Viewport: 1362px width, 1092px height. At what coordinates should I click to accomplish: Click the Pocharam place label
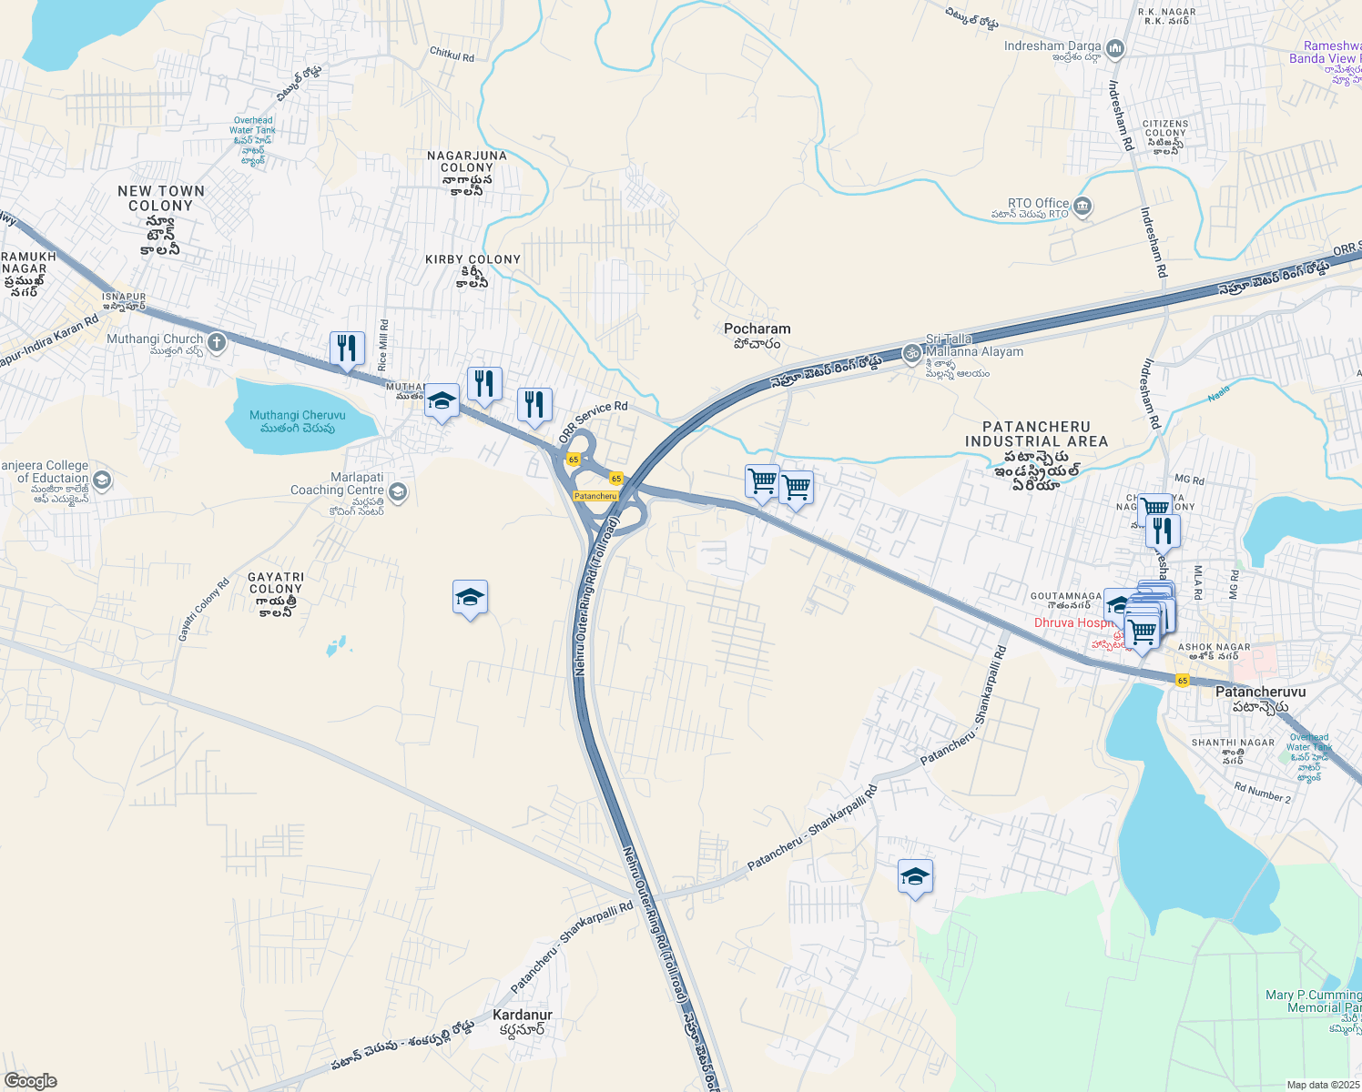pos(757,329)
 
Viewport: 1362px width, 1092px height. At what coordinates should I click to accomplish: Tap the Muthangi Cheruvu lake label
pos(298,416)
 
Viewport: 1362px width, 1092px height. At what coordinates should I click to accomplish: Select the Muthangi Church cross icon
pos(217,342)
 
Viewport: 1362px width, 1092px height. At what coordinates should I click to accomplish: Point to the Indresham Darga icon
pos(1115,48)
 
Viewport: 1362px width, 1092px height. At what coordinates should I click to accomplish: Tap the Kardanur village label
pos(523,1015)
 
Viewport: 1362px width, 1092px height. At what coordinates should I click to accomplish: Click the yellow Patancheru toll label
pos(595,496)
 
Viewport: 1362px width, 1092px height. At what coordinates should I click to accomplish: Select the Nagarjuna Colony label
pos(467,162)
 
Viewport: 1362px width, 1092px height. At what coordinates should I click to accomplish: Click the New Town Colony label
pos(161,198)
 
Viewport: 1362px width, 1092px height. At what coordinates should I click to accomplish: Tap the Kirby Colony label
pos(473,260)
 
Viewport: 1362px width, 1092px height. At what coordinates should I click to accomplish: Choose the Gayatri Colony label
pos(276,583)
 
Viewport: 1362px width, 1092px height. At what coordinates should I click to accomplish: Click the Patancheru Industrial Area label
pos(1036,434)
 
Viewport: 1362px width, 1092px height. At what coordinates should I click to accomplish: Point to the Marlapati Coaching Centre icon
pos(397,492)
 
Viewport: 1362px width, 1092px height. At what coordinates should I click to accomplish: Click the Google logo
pos(30,1081)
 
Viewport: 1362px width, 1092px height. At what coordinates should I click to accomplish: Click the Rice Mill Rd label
pos(383,345)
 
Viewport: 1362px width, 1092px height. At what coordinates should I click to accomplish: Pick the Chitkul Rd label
pos(452,56)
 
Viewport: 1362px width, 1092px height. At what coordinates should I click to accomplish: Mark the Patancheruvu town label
pos(1260,693)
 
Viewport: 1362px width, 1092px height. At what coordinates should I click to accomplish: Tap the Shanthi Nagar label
pos(1234,743)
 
